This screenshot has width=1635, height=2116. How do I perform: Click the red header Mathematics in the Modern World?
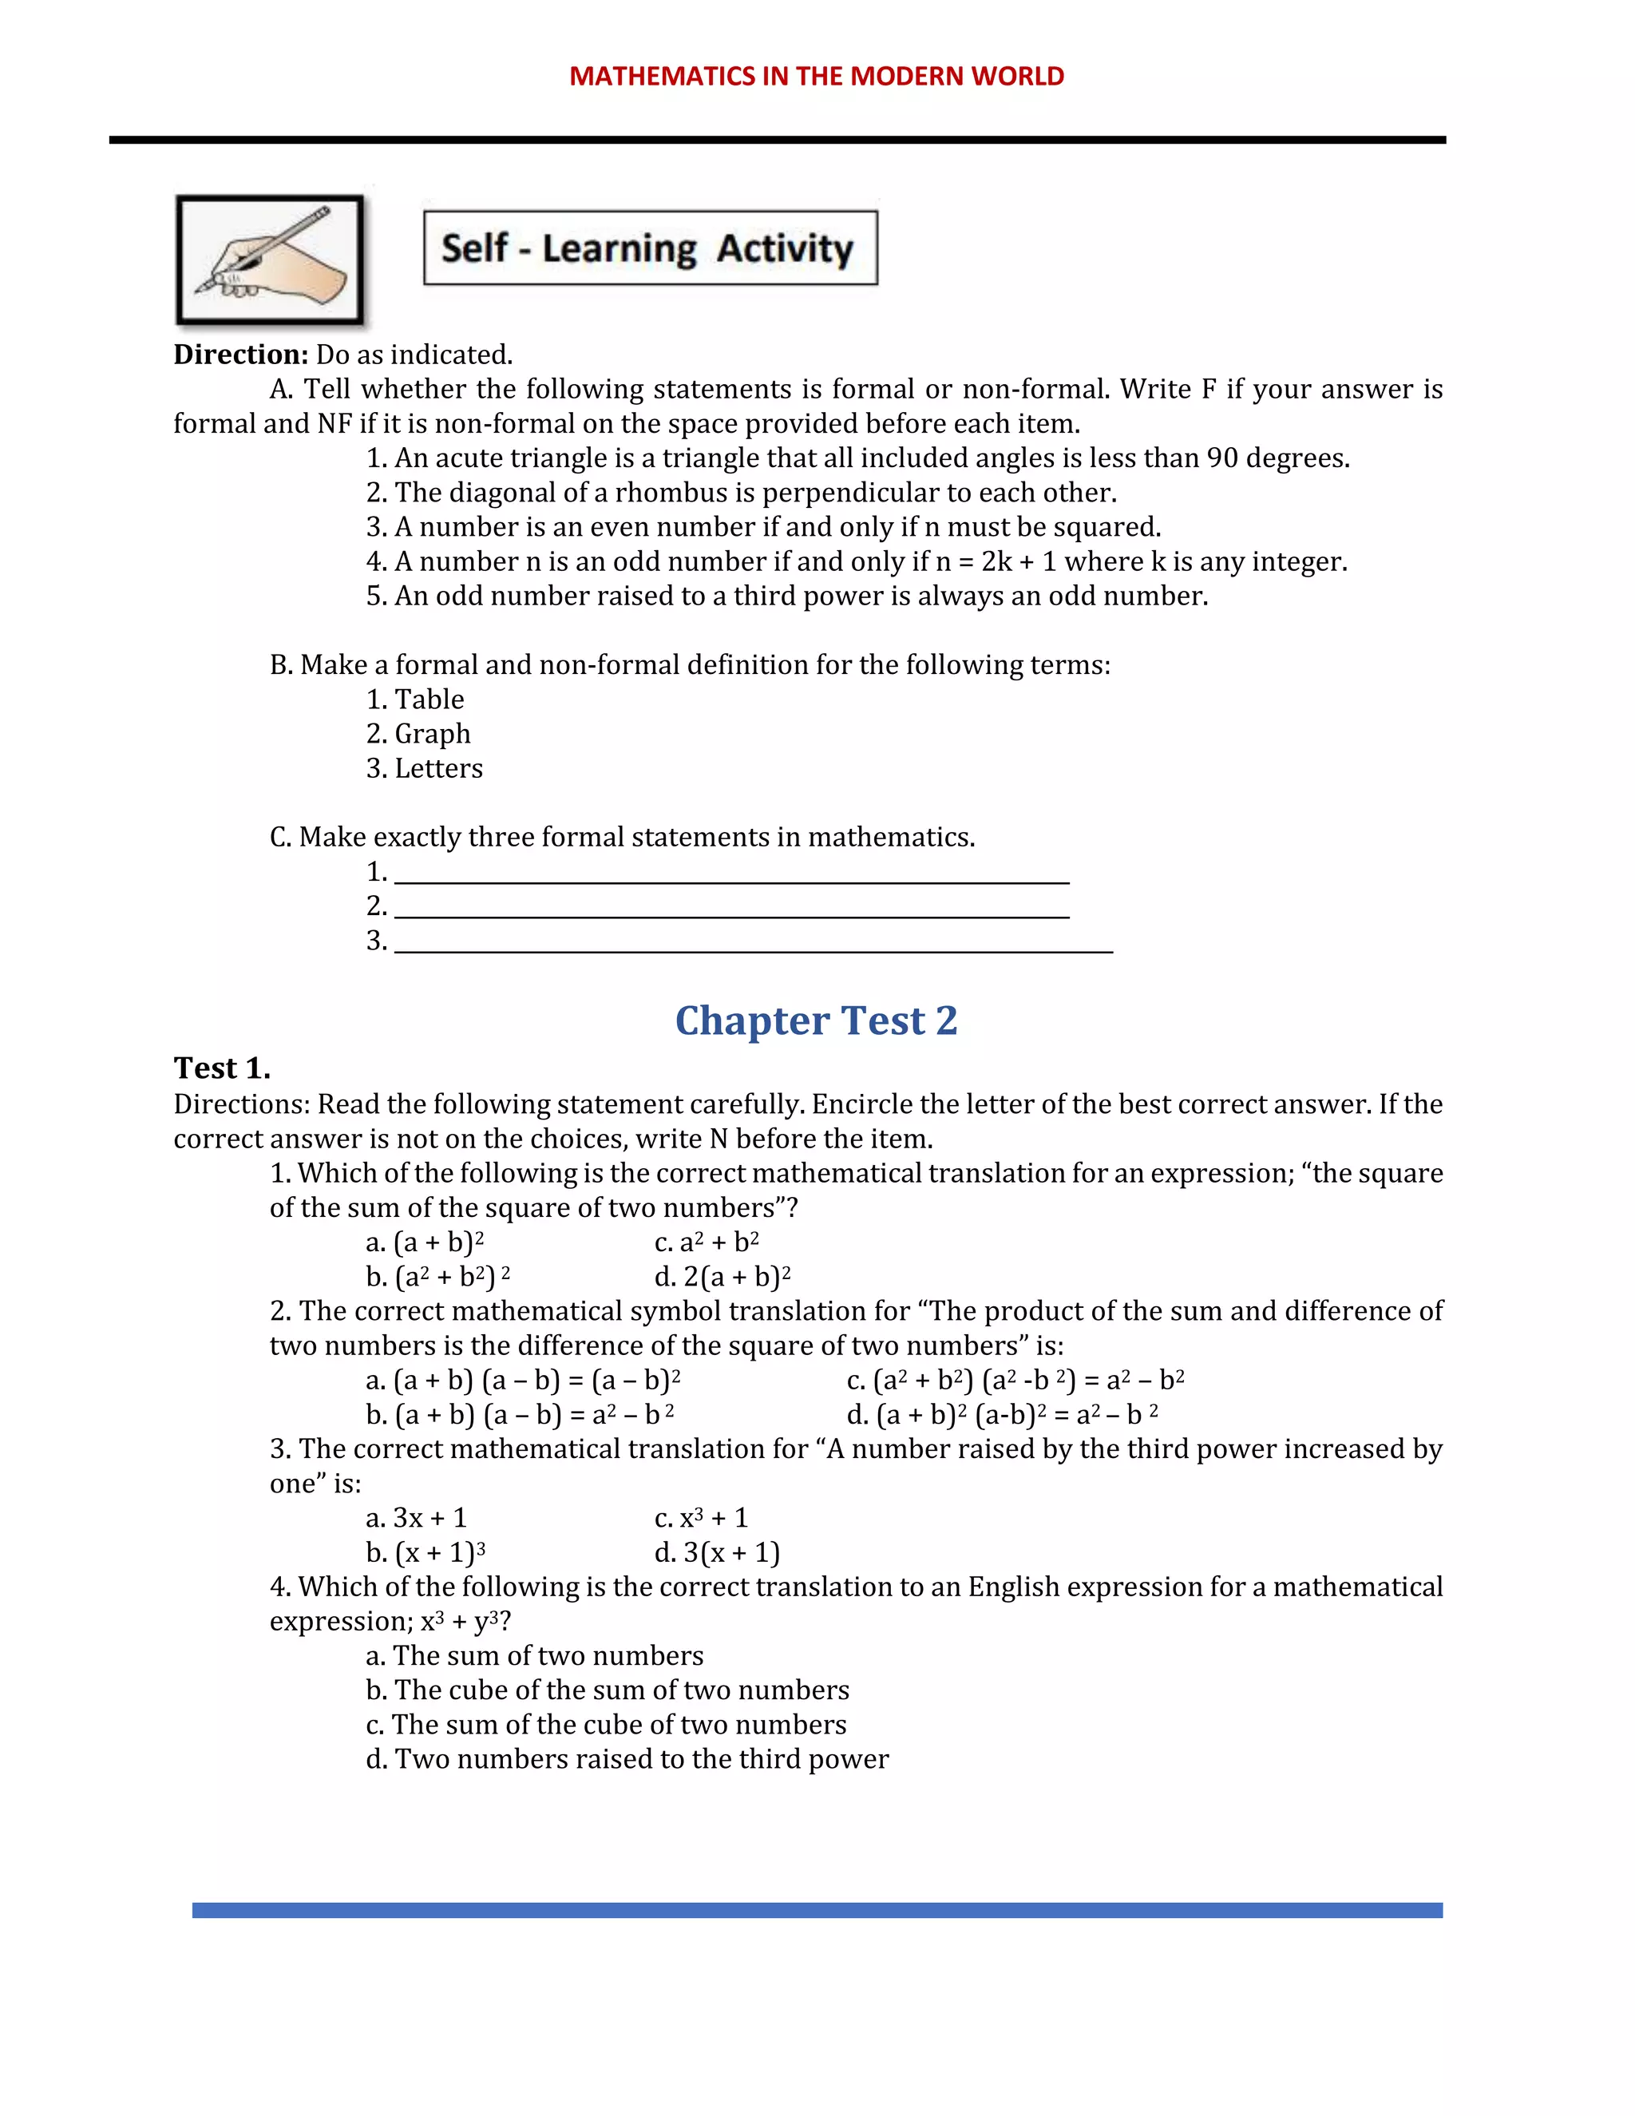(x=817, y=76)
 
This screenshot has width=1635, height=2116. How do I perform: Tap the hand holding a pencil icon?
(x=271, y=260)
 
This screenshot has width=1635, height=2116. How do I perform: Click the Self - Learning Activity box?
(x=650, y=248)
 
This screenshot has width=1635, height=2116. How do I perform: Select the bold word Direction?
(x=240, y=355)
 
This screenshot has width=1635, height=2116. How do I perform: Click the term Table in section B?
(x=428, y=699)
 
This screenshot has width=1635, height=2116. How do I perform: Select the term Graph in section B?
(x=432, y=735)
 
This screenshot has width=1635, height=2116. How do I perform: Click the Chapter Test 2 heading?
(x=816, y=1020)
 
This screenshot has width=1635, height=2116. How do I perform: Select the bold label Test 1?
(x=222, y=1068)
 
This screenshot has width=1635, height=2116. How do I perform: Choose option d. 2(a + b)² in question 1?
(x=722, y=1277)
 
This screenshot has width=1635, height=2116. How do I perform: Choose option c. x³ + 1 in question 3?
(x=701, y=1518)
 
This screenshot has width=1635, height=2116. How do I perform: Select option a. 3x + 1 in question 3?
(x=417, y=1518)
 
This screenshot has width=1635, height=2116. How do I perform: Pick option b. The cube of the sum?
(x=608, y=1690)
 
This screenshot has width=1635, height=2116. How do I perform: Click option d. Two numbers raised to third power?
(x=627, y=1759)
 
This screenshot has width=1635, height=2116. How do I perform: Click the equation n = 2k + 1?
(x=996, y=562)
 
